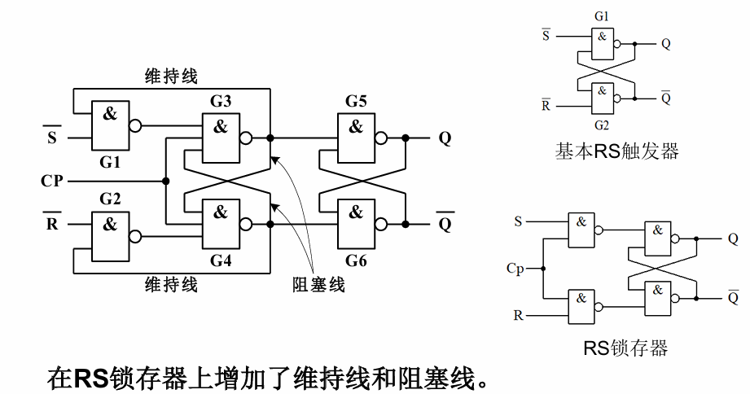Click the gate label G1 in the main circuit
110,163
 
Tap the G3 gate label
221,102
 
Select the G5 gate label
356,102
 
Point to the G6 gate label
356,261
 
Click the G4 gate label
221,261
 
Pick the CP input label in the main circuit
53,180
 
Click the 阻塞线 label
319,284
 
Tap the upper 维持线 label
171,77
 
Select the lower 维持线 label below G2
171,285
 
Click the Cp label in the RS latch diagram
515,267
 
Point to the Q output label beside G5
445,138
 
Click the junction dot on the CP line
165,180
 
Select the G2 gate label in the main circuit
110,199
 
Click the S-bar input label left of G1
52,137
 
